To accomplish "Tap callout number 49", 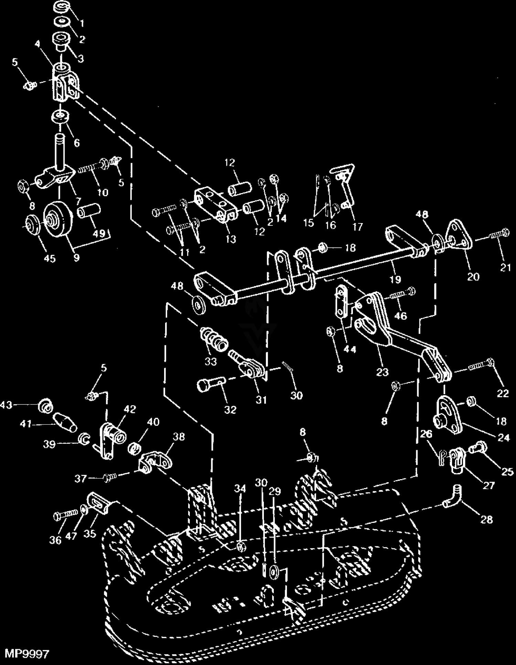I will pos(99,233).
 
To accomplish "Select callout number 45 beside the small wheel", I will pos(50,258).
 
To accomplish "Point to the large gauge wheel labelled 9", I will pos(59,219).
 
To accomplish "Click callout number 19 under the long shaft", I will pos(396,279).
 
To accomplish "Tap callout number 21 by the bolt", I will pos(505,267).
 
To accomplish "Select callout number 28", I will pos(486,519).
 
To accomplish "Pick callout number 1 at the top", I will pos(82,23).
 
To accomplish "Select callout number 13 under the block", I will pos(231,239).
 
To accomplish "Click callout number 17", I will pos(357,226).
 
